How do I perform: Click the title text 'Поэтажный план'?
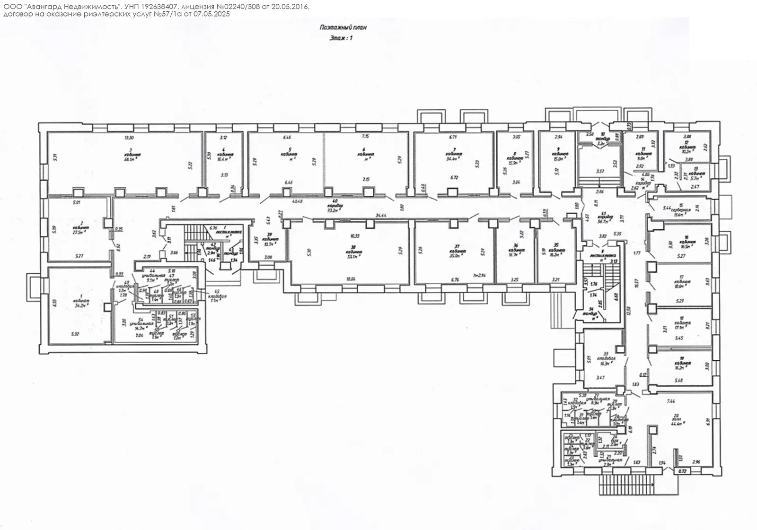pos(343,27)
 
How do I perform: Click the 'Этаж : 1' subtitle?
pos(341,38)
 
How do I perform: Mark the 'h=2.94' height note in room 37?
pos(474,275)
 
